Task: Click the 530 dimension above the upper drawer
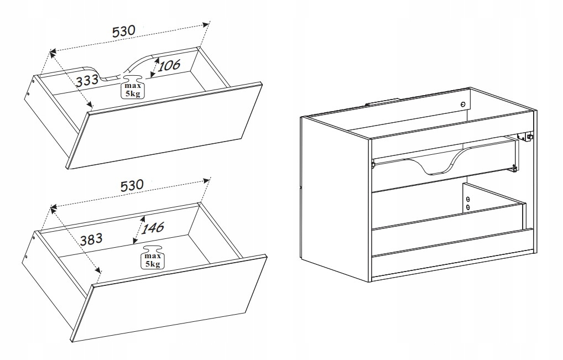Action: [124, 31]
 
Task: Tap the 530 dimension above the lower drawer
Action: [132, 186]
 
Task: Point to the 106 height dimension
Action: [169, 66]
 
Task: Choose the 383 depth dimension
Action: [91, 239]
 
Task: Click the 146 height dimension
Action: [152, 227]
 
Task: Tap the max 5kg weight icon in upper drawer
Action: [133, 87]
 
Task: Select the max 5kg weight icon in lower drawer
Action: [153, 257]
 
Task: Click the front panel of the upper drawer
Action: [165, 126]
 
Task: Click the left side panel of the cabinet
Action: [335, 199]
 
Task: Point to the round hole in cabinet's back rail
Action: [463, 105]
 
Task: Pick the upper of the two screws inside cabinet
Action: [468, 199]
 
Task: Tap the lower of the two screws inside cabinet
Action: [468, 207]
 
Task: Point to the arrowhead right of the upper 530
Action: [205, 25]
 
